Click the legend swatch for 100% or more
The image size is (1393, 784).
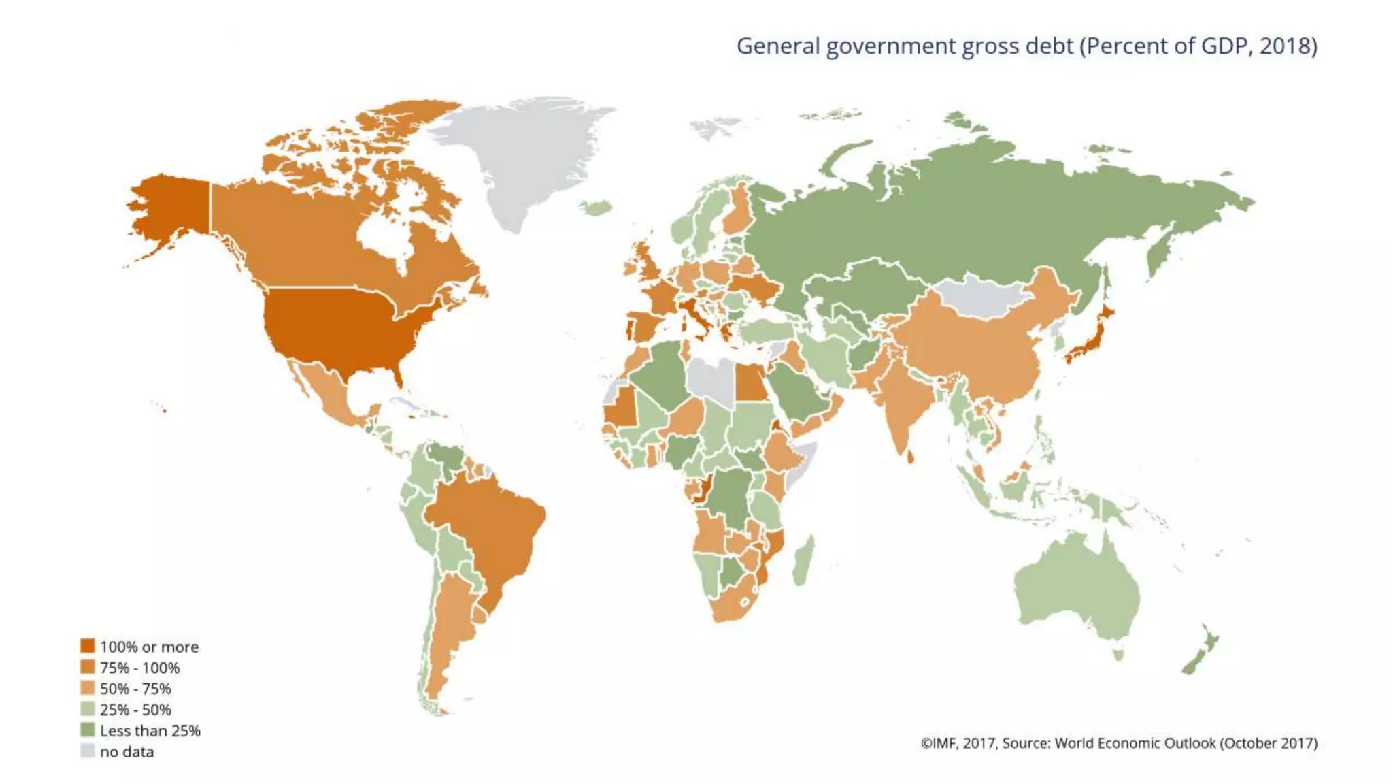pos(87,646)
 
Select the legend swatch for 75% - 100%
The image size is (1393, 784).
pos(87,667)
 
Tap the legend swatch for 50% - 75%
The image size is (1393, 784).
pos(87,688)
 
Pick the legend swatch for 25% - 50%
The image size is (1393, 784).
pos(87,709)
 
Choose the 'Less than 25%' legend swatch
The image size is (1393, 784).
pos(87,730)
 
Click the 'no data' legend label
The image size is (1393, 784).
pos(127,752)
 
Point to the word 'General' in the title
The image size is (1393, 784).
pos(778,46)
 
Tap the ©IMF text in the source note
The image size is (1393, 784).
pos(939,743)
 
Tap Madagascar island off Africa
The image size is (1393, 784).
pos(803,561)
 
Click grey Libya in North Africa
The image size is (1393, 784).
pos(711,378)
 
